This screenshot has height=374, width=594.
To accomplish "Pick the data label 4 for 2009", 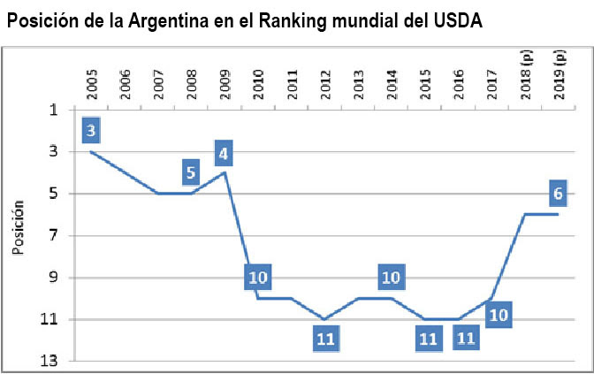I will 224,153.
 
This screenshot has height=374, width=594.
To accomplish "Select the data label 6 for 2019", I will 558,193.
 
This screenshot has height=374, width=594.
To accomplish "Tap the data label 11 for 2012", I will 324,339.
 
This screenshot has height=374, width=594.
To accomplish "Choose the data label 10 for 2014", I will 391,278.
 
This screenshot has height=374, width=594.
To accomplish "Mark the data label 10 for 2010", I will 257,278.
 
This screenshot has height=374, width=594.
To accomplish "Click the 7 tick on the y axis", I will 55,236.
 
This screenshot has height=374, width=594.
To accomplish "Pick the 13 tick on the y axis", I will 52,362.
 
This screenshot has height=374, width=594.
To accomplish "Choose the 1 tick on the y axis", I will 55,111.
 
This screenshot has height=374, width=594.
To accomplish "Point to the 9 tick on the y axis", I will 55,278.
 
